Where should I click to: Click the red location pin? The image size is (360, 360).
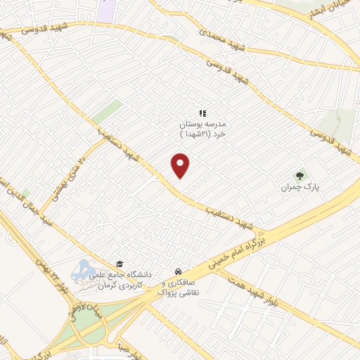181,166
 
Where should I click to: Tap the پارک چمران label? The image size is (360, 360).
295,187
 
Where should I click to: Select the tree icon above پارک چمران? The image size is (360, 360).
300,176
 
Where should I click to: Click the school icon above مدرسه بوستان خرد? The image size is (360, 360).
202,112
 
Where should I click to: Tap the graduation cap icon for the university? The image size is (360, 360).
119,264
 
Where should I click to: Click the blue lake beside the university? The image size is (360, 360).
82,270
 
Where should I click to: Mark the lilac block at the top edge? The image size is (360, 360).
107,10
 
